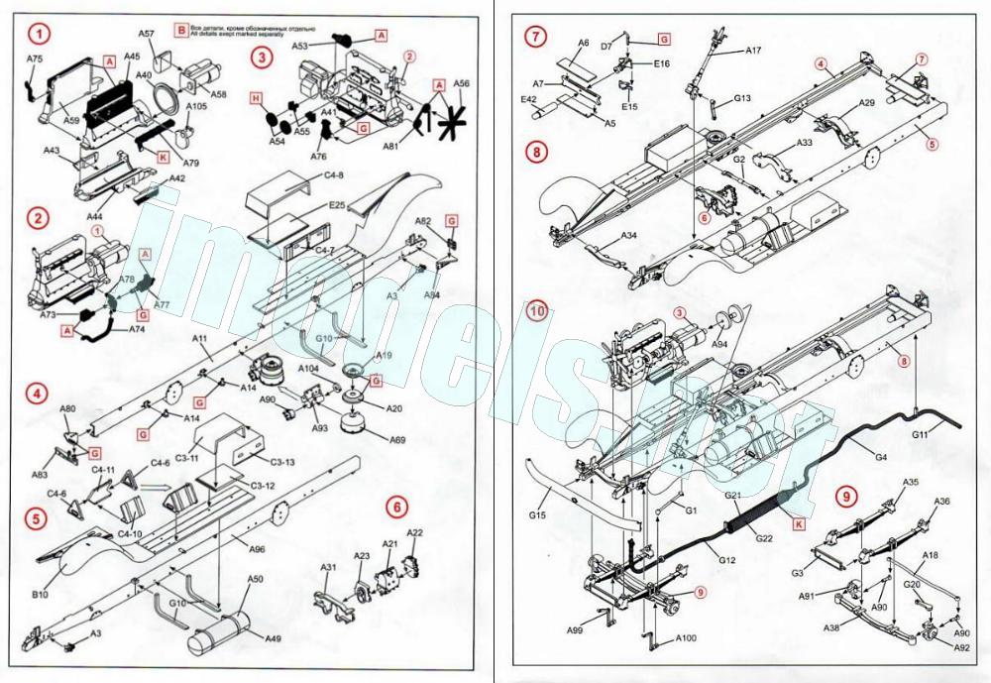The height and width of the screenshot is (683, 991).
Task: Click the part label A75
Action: [35, 59]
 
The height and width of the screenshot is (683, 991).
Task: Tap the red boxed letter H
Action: [255, 99]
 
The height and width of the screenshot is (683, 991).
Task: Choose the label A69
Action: [396, 439]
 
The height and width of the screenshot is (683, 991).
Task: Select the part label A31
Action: [329, 567]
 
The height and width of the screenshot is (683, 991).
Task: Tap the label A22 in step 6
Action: [415, 533]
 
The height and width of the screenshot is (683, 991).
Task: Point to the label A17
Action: [753, 50]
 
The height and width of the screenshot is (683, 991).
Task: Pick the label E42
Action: [529, 99]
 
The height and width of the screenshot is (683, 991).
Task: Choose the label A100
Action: [687, 639]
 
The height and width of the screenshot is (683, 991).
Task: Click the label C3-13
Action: [283, 462]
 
